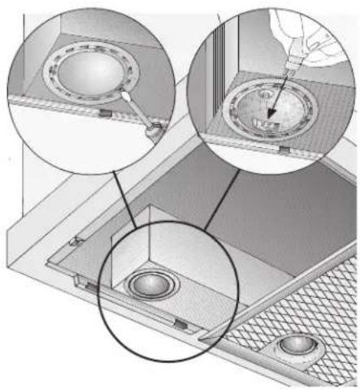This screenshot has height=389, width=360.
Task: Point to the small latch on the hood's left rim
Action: click(x=75, y=241)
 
